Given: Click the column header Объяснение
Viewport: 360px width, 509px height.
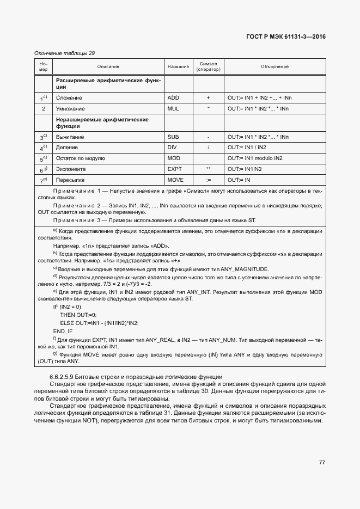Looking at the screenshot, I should [274, 66].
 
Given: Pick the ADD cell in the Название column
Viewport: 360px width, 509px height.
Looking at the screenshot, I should [173, 97].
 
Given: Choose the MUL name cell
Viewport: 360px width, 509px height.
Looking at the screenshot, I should [173, 108].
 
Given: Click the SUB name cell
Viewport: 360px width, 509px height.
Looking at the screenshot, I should [173, 137].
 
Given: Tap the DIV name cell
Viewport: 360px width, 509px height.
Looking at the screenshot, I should [173, 148].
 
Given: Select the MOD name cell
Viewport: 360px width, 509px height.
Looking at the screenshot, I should [173, 158].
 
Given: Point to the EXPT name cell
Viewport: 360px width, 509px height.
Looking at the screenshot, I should [174, 169].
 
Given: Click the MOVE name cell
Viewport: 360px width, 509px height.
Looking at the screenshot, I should [175, 180].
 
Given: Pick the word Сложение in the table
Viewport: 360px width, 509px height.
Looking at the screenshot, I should [69, 97].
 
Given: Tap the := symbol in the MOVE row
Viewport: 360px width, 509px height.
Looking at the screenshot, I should [208, 180].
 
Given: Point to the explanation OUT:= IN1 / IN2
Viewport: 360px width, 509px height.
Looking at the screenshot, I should [247, 148].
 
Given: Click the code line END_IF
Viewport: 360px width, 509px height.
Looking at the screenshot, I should [63, 331].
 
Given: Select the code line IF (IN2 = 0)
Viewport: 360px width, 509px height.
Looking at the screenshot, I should [67, 307].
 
